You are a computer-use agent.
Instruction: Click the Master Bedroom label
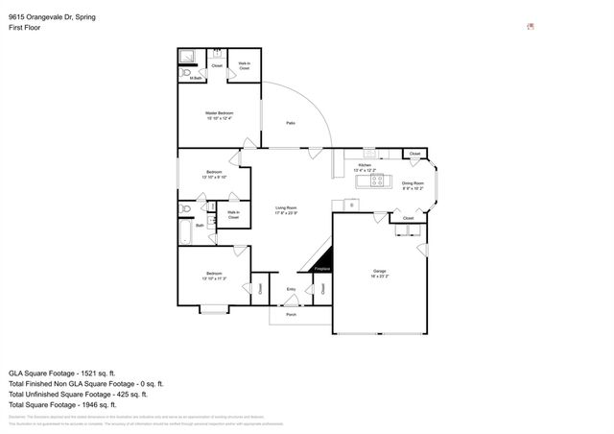coord(219,116)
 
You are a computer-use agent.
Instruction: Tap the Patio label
coord(290,123)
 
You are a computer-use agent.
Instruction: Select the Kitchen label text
coord(365,166)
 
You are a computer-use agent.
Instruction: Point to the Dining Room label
coord(413,184)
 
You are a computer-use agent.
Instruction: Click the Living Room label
coord(286,209)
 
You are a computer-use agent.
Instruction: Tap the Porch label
coord(291,314)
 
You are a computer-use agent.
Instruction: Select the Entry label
coord(291,288)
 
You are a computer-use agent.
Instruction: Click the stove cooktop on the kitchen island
coord(376,180)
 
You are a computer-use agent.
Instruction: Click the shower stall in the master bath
coord(189,55)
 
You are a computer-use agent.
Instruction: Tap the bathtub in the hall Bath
coord(185,233)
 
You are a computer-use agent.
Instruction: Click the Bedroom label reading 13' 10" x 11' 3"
coord(213,277)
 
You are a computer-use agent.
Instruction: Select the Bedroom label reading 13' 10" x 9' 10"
coord(213,176)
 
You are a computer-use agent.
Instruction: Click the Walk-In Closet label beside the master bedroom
coord(245,65)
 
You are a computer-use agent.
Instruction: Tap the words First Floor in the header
coord(24,28)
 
